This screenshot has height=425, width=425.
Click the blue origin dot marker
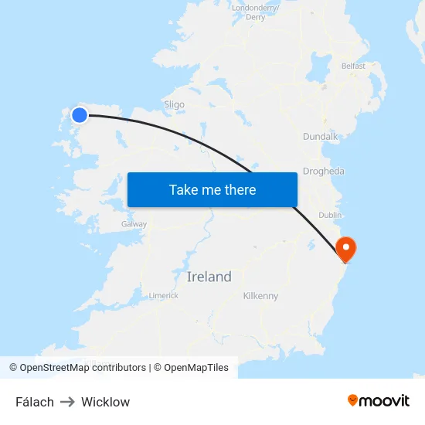80,115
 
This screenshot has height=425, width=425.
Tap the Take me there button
212,190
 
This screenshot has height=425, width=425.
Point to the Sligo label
174,104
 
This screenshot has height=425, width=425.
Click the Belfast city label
353,66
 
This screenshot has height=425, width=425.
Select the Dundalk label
320,137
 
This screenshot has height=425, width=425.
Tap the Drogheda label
324,172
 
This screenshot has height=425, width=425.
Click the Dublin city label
330,215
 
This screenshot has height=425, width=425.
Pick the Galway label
134,224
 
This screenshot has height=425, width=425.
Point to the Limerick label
163,295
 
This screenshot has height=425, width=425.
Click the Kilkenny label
260,296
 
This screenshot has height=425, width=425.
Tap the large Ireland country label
209,277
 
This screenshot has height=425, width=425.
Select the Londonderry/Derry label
255,12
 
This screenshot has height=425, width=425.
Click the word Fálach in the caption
35,402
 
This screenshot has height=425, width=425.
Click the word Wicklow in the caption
105,402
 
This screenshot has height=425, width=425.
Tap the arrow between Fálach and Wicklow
67,402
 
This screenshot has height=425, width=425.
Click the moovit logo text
385,400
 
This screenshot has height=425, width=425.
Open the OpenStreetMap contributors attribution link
83,368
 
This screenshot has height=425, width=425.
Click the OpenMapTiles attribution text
195,368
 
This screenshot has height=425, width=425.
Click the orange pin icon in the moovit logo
353,400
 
